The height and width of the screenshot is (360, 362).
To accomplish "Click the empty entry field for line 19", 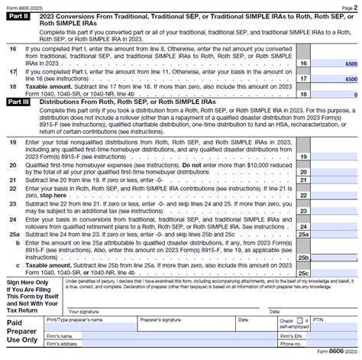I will point(335,157).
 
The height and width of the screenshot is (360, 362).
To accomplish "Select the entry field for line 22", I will point(335,195).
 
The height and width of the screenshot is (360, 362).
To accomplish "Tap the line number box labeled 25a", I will point(303,235).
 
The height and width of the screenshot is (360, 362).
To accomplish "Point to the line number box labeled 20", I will point(303,173).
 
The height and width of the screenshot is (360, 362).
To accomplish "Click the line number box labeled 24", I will point(303,227).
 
